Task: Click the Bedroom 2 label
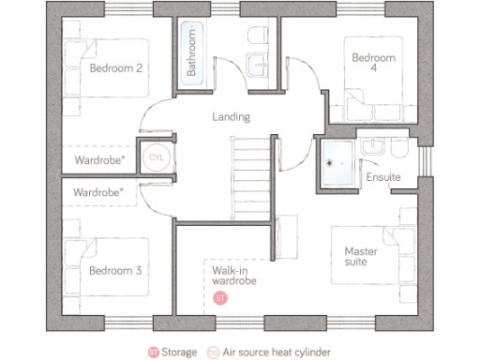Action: (116, 68)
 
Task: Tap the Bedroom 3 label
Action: (115, 271)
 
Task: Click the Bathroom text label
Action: (190, 52)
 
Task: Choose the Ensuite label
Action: (383, 176)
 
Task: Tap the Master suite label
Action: (361, 256)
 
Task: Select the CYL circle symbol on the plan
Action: (156, 157)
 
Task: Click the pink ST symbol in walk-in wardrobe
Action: (220, 298)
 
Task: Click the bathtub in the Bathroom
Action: (190, 52)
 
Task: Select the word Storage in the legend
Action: (178, 352)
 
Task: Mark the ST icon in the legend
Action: (152, 352)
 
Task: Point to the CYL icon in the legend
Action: (213, 352)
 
